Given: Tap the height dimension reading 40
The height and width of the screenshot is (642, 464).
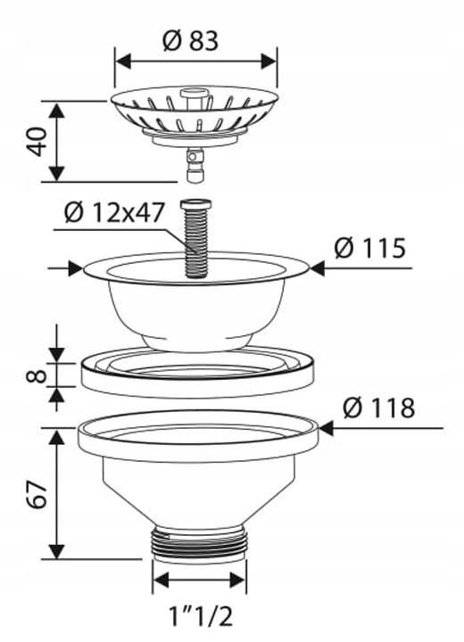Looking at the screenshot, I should tap(37, 142).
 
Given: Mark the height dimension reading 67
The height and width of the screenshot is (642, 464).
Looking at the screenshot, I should tap(37, 492).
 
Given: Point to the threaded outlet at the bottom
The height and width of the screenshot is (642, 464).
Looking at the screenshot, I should tap(199, 542).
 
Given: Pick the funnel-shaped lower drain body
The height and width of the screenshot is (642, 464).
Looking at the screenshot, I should tap(198, 481).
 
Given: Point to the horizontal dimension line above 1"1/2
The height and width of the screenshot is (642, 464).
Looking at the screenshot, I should tap(199, 581).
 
